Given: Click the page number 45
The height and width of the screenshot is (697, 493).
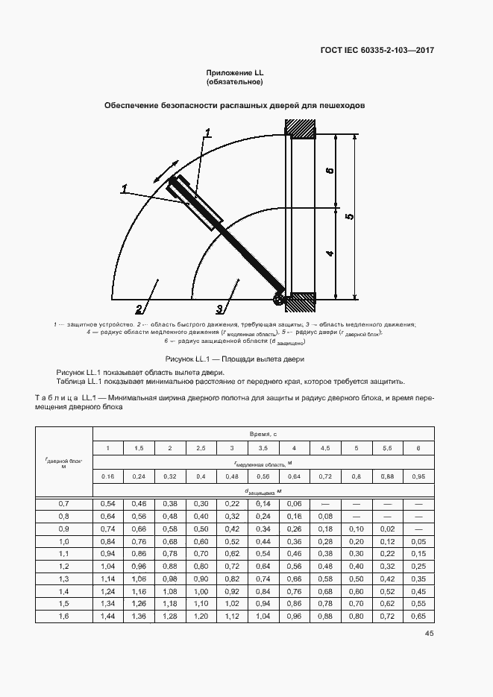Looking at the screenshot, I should click(429, 634).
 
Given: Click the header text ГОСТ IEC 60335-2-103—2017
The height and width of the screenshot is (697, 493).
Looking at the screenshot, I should click(377, 51).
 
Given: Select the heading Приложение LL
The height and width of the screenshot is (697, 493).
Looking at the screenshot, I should click(236, 72).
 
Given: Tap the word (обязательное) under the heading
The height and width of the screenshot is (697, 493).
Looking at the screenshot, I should click(236, 82).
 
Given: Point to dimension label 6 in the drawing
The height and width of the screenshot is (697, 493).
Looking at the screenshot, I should click(329, 171).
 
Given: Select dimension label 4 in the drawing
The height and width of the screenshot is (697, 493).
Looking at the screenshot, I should click(329, 253).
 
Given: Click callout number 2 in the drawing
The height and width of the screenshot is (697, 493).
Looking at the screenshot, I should click(139, 309).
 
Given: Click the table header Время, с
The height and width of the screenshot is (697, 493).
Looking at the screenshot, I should click(263, 433).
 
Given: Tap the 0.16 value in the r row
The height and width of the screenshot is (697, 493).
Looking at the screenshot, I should click(107, 476).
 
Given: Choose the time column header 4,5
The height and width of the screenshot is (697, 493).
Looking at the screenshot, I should click(325, 447).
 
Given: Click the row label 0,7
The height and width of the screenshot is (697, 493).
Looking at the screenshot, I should click(63, 505).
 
